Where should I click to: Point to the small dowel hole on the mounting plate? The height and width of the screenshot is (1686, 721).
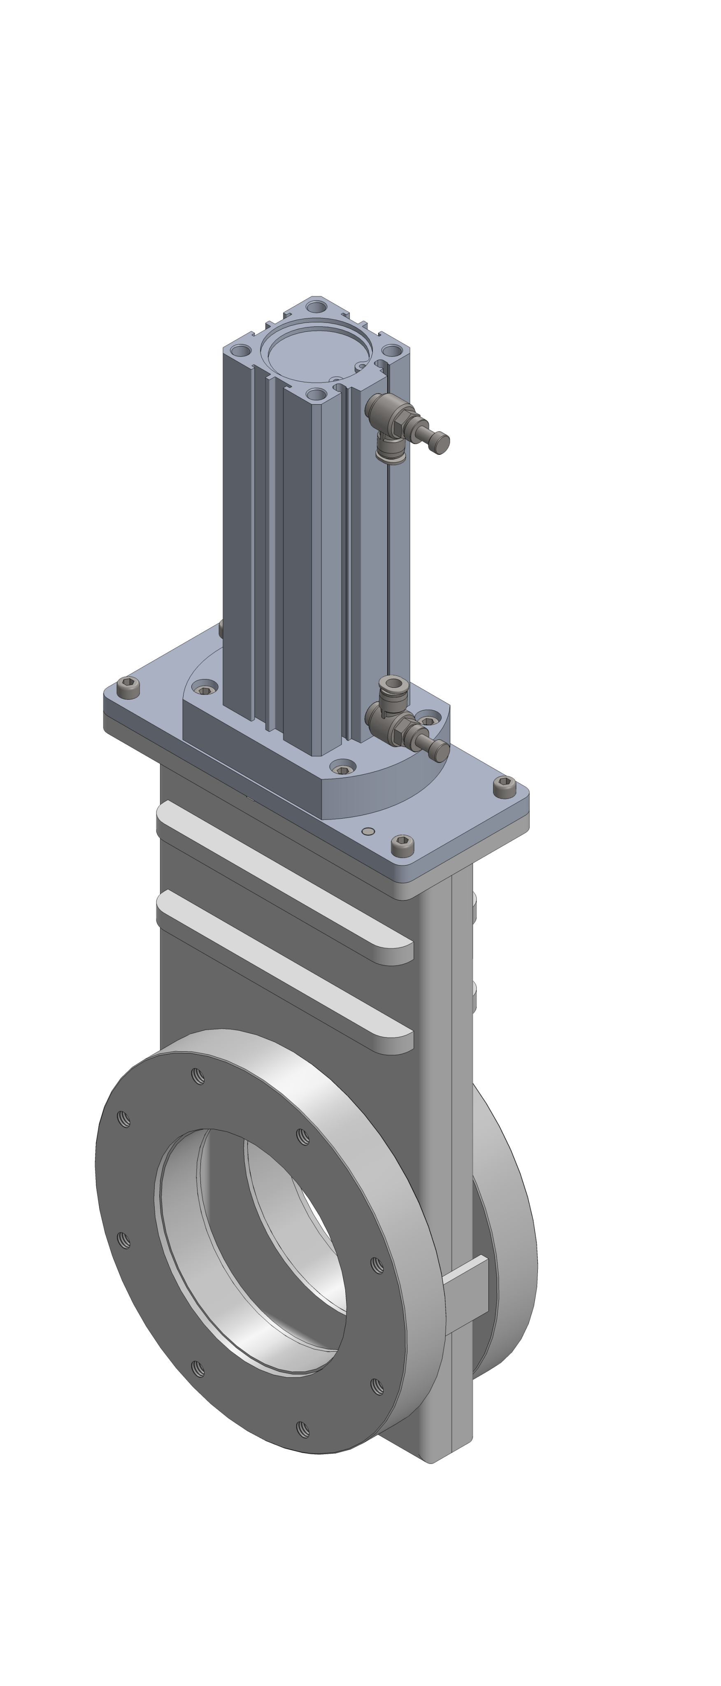point(368,831)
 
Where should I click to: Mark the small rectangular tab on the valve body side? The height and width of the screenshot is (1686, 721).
point(466,1289)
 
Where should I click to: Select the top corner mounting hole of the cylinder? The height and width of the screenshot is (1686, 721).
point(316,306)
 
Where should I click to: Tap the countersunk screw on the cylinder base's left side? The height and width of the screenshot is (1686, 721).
point(205,689)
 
